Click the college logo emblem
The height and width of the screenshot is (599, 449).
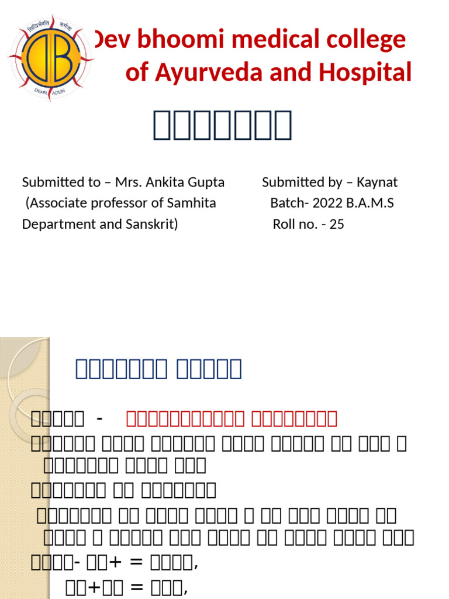(50, 57)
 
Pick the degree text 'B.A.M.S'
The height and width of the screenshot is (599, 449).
(373, 203)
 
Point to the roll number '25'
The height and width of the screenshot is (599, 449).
(337, 224)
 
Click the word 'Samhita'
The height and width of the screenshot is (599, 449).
(195, 203)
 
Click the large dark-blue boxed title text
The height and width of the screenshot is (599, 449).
(222, 125)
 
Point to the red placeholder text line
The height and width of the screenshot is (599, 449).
(232, 418)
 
